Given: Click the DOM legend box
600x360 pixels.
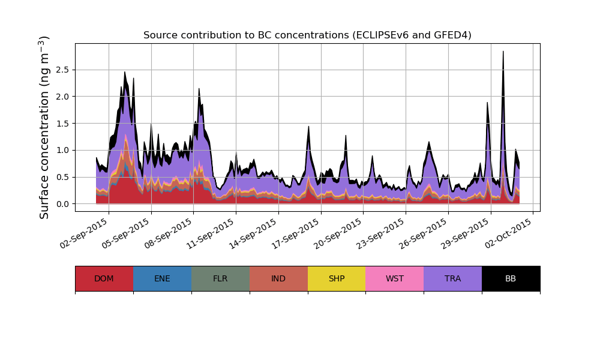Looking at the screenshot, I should click(x=104, y=278).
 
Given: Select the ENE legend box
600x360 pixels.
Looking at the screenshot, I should click(x=162, y=278).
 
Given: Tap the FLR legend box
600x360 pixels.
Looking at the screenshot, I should click(x=220, y=278).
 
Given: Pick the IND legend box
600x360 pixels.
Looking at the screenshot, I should click(x=278, y=278).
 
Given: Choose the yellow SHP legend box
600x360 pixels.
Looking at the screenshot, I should click(x=337, y=278).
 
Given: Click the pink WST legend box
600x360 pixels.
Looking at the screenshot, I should click(x=395, y=278).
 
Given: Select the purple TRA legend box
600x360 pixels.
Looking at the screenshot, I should click(x=453, y=278).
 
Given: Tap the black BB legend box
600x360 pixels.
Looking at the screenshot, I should click(x=511, y=278).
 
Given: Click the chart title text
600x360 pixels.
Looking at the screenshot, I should click(x=307, y=35).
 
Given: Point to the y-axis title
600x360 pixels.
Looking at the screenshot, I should click(x=44, y=127).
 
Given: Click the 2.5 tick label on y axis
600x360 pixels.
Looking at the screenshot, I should click(x=62, y=70).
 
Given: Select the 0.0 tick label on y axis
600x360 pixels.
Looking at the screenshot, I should click(x=62, y=204).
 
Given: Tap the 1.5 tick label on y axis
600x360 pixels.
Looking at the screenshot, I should click(x=62, y=124).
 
